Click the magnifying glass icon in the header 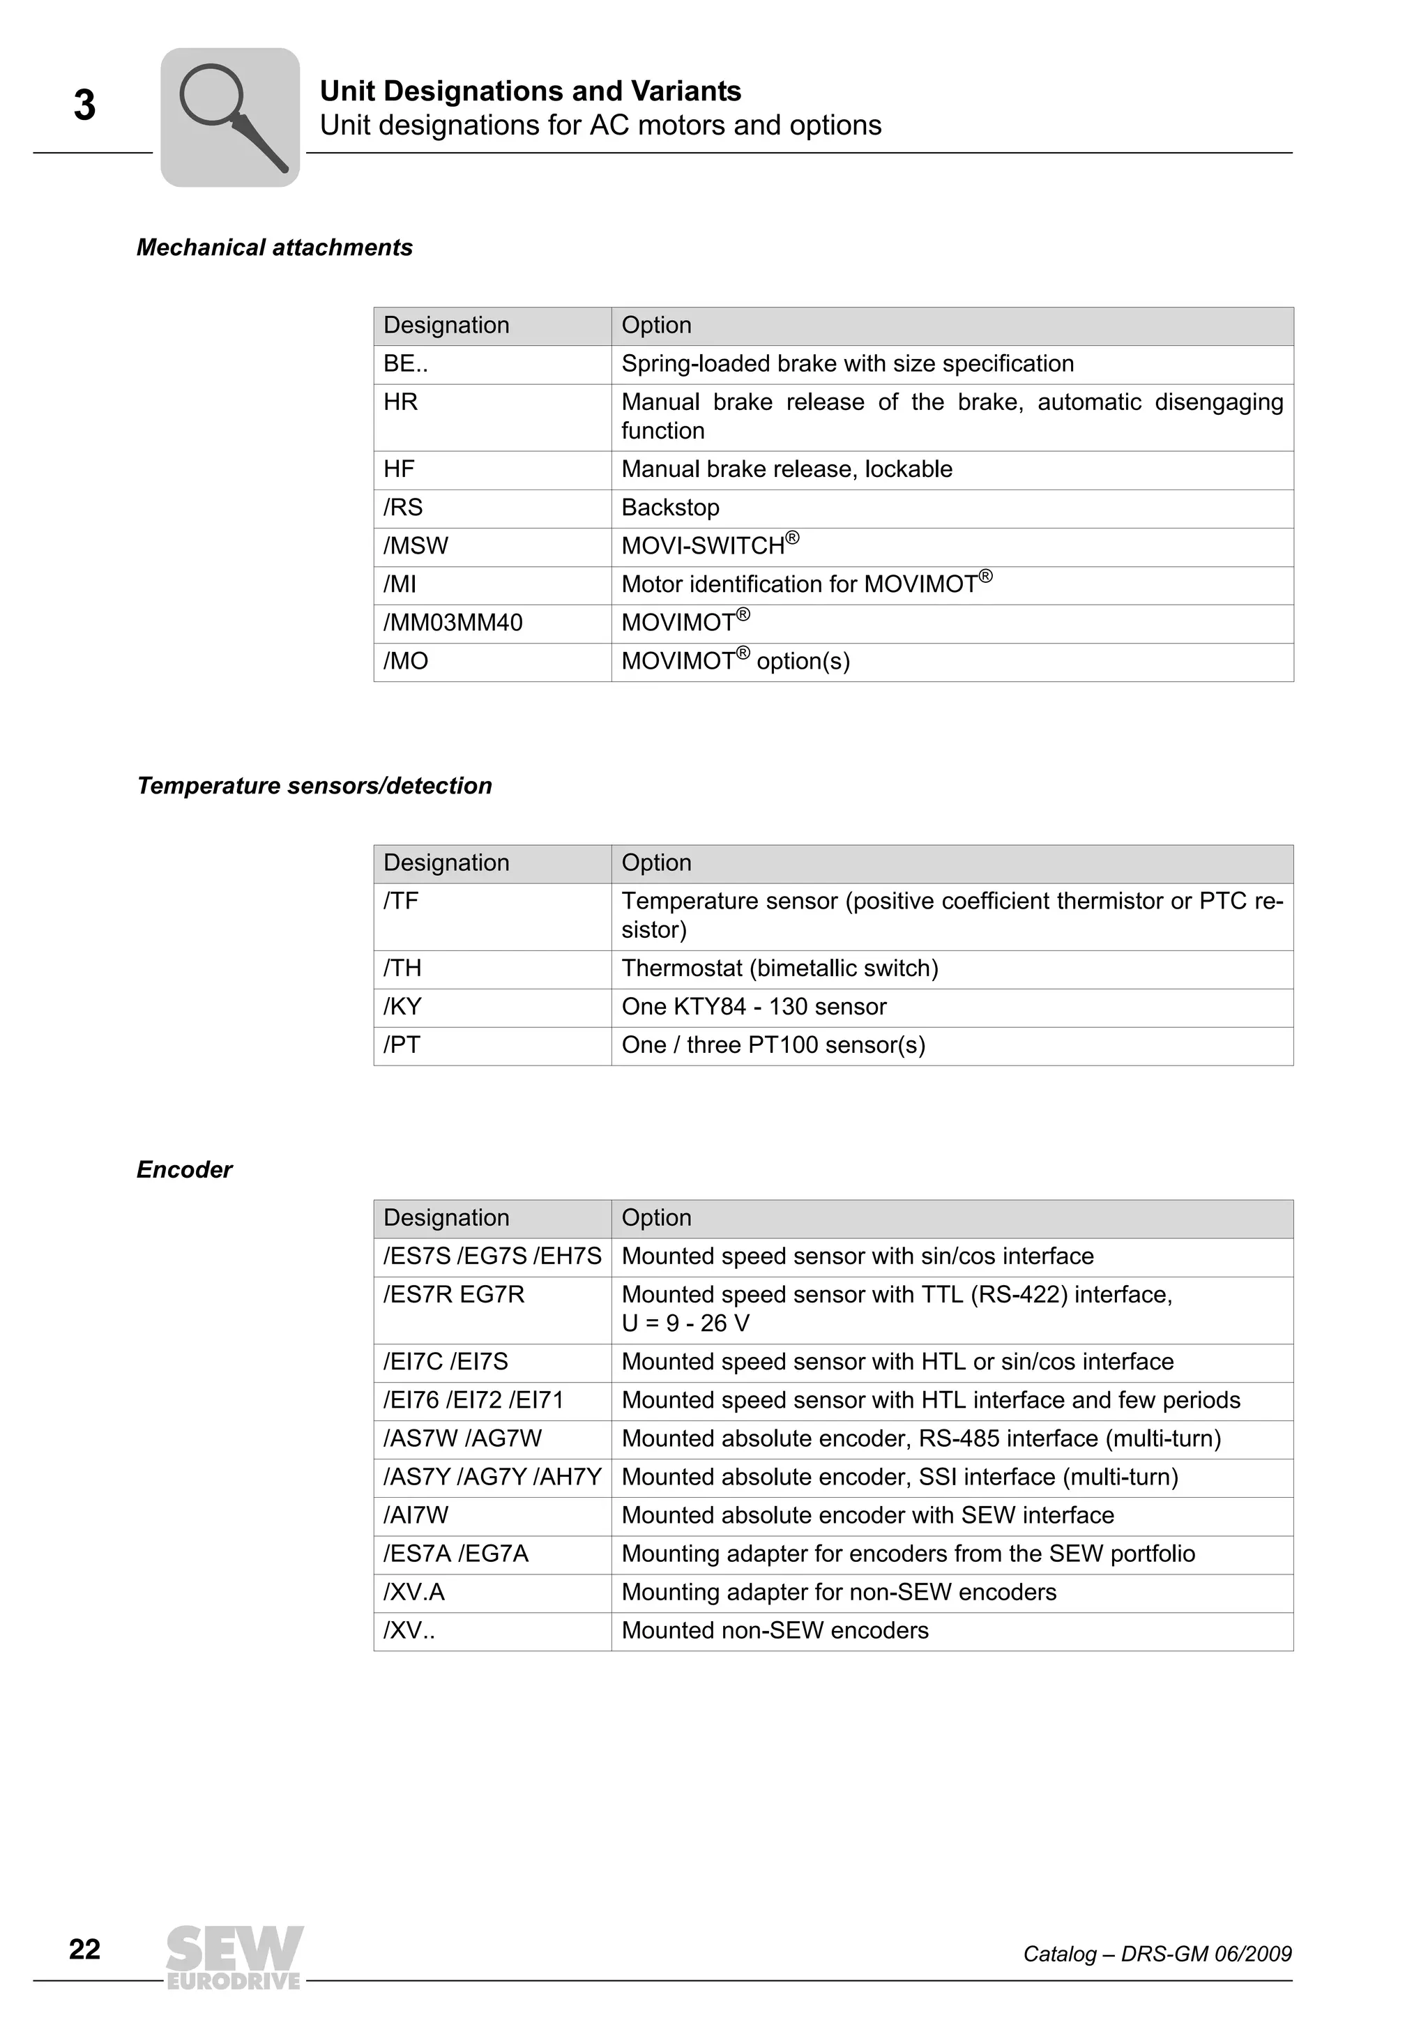[x=231, y=117]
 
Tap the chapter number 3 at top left [x=84, y=105]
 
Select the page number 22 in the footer [x=84, y=1950]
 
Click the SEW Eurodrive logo [x=234, y=1957]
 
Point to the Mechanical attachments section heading [x=275, y=248]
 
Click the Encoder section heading [x=185, y=1170]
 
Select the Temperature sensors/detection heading [x=314, y=787]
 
